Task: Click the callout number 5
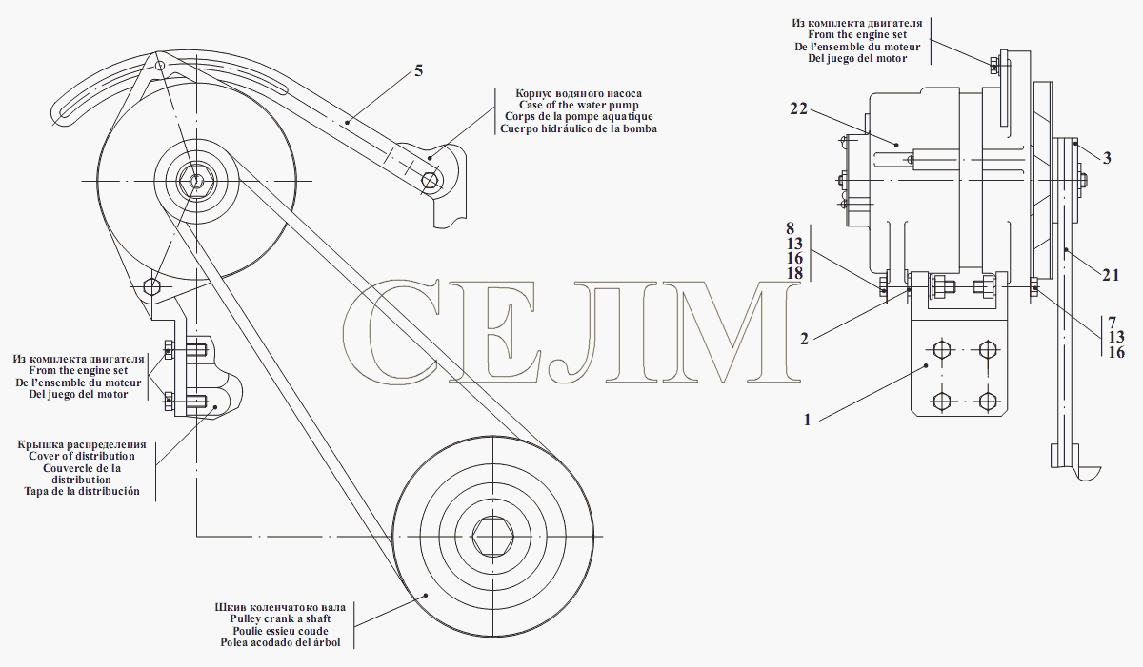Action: (418, 70)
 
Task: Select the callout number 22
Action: (798, 108)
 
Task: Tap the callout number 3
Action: (1107, 159)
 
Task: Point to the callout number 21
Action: (1111, 275)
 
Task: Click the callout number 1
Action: (808, 420)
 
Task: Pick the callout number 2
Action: (804, 339)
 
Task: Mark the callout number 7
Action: (1113, 323)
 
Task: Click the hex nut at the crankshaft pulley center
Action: (493, 536)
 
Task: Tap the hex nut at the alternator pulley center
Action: (196, 181)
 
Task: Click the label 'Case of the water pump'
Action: (579, 105)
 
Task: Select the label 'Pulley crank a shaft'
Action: (280, 618)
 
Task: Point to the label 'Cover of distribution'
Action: (82, 456)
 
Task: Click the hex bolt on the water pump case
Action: (431, 180)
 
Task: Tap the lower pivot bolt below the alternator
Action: (151, 286)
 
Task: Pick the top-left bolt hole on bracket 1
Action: (941, 350)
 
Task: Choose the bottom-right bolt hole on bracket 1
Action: (989, 402)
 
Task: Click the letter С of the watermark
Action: (391, 331)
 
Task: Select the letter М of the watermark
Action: (731, 332)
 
